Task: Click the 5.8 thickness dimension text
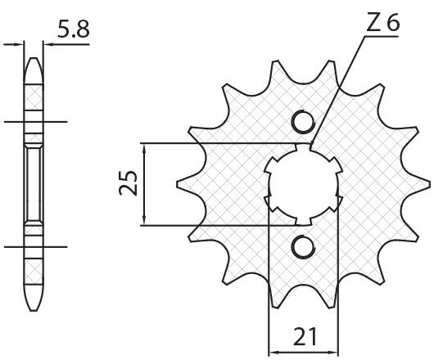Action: click(x=74, y=29)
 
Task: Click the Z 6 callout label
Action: click(x=383, y=23)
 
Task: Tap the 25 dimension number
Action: click(x=129, y=183)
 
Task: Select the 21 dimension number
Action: click(x=305, y=337)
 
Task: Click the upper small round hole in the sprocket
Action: click(x=304, y=122)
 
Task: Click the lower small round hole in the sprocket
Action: click(x=304, y=246)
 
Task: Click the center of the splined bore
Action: click(x=304, y=184)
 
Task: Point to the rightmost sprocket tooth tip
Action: click(x=429, y=184)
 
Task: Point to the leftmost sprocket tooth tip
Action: click(x=178, y=184)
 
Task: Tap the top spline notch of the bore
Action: click(x=303, y=146)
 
